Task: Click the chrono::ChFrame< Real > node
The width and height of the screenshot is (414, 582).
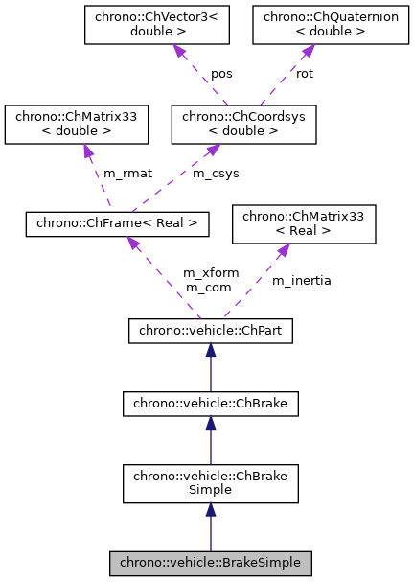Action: pyautogui.click(x=116, y=223)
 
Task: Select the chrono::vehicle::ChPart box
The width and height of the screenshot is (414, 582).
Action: pyautogui.click(x=211, y=331)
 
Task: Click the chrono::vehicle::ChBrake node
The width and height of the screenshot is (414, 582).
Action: pyautogui.click(x=211, y=405)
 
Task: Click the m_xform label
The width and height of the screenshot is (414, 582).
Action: pyautogui.click(x=209, y=273)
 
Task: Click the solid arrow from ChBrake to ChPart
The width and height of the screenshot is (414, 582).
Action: pyautogui.click(x=211, y=368)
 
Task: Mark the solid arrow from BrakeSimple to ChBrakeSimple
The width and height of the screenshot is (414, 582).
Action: pyautogui.click(x=211, y=529)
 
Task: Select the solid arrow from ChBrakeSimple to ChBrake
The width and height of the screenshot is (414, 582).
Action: pyautogui.click(x=211, y=441)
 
